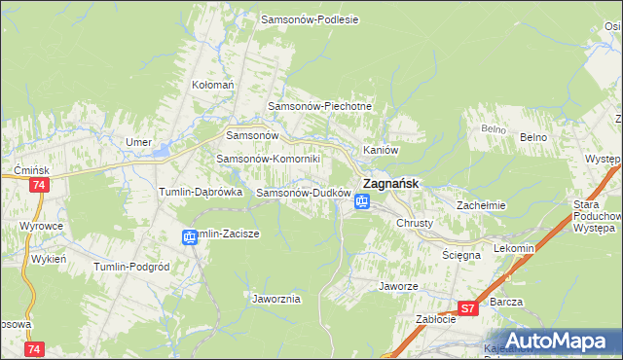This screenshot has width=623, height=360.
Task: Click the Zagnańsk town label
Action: (x=391, y=182)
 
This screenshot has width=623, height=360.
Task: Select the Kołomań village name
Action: (x=213, y=85)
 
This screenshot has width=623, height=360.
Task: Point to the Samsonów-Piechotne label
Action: (x=320, y=106)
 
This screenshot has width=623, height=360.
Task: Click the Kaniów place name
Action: (x=381, y=150)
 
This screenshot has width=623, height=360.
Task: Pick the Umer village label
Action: (x=139, y=142)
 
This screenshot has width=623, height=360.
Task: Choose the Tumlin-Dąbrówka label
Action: (x=200, y=193)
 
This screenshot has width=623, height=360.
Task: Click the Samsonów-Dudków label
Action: (x=303, y=193)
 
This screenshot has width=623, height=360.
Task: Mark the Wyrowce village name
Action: (x=41, y=226)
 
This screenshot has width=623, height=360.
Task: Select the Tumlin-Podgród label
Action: (x=131, y=266)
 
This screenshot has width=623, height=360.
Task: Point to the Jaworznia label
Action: (x=275, y=299)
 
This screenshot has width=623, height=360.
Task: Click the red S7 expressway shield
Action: (x=467, y=309)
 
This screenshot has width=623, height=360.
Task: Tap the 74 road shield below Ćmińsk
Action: (x=39, y=185)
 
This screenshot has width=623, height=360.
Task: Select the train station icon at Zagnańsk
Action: (x=362, y=201)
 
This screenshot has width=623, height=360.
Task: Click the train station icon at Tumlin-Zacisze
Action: (x=190, y=235)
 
